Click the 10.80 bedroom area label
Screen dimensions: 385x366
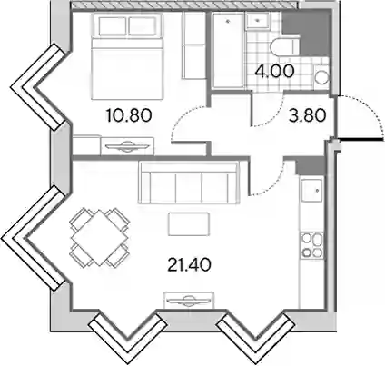(x=129, y=115)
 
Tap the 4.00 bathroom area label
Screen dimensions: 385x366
(x=274, y=72)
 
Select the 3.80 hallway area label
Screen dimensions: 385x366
(x=307, y=115)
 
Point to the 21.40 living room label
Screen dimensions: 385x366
(x=189, y=265)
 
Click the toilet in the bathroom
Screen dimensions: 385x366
(x=285, y=47)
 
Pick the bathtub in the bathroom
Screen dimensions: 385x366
(x=228, y=50)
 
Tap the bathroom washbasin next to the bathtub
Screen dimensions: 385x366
(x=258, y=21)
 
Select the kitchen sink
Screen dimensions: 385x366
(x=311, y=191)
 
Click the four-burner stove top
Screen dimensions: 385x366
(x=311, y=245)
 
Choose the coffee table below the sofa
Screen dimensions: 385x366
(x=189, y=224)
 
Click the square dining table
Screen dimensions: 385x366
(x=100, y=238)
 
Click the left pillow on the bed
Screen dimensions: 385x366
(x=112, y=26)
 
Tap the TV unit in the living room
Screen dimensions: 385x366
(x=189, y=300)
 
